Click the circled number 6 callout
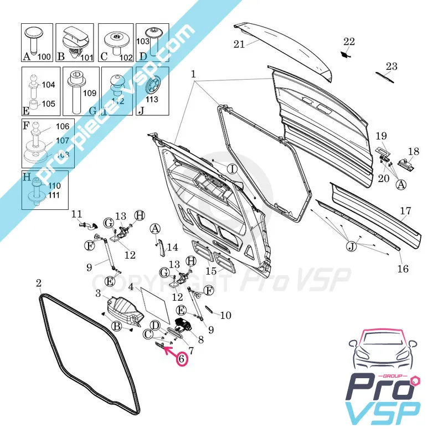(x=181, y=358)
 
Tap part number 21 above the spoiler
(x=239, y=45)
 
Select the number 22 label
(x=349, y=42)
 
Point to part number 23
(x=392, y=66)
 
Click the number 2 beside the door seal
(x=39, y=284)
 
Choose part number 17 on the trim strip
(x=406, y=211)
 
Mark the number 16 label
(x=403, y=269)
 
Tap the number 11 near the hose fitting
(x=76, y=214)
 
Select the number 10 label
(x=225, y=316)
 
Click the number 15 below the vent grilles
(x=210, y=271)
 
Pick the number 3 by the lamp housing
(x=97, y=293)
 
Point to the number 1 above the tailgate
(x=193, y=74)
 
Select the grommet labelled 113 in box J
(x=152, y=87)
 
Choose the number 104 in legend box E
(x=48, y=85)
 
